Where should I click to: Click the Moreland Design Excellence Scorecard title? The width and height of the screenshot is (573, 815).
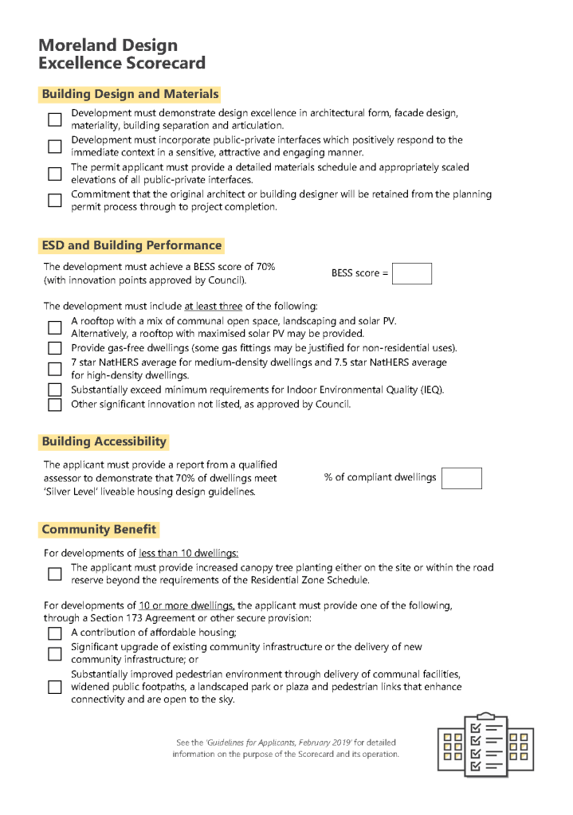pyautogui.click(x=121, y=54)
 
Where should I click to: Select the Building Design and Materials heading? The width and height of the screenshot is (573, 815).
pyautogui.click(x=129, y=94)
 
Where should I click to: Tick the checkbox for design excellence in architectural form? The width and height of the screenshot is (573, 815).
pyautogui.click(x=54, y=120)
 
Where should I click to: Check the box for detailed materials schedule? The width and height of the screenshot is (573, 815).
pyautogui.click(x=54, y=174)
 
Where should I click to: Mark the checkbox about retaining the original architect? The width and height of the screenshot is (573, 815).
pyautogui.click(x=54, y=201)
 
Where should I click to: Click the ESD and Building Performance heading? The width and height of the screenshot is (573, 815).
pyautogui.click(x=131, y=245)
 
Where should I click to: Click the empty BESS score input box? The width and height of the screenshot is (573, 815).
pyautogui.click(x=412, y=273)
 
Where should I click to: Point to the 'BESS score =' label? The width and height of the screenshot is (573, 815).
pyautogui.click(x=359, y=273)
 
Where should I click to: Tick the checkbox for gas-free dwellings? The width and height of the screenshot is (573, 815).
pyautogui.click(x=54, y=348)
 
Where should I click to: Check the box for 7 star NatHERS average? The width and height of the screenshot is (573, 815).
pyautogui.click(x=54, y=369)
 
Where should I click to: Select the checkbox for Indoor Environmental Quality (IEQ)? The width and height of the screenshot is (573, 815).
pyautogui.click(x=54, y=390)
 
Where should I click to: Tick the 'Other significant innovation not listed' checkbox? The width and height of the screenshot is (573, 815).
pyautogui.click(x=54, y=404)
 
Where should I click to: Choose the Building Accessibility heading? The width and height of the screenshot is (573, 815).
pyautogui.click(x=104, y=441)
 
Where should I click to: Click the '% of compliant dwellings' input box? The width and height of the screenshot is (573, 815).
pyautogui.click(x=461, y=478)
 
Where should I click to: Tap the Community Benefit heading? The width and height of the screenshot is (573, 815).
pyautogui.click(x=99, y=529)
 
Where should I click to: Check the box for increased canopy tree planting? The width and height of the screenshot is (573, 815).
pyautogui.click(x=54, y=574)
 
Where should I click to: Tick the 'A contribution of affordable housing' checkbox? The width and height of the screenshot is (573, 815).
pyautogui.click(x=54, y=633)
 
